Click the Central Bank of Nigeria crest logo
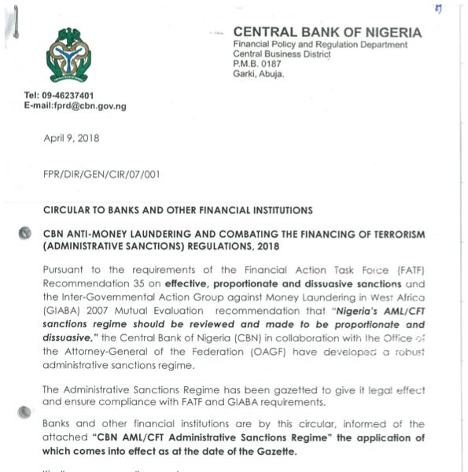point(68,56)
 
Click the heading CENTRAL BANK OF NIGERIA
point(327,32)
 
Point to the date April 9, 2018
point(72,138)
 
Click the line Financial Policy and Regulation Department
point(320,45)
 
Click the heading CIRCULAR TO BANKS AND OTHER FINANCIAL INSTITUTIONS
point(178,210)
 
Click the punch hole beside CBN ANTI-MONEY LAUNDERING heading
point(25,234)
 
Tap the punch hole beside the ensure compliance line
point(25,409)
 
